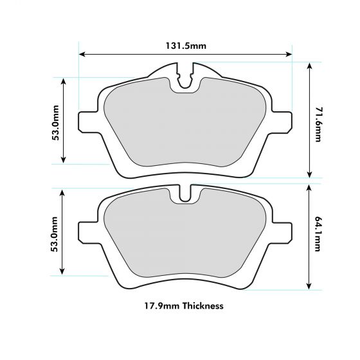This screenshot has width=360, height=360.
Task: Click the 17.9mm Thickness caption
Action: (x=184, y=306)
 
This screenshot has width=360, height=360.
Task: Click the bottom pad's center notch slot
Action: (x=185, y=194)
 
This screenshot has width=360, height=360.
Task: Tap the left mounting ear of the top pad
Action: (x=85, y=122)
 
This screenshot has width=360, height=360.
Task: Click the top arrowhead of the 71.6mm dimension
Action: (x=310, y=66)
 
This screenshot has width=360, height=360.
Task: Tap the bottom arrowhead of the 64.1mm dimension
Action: (x=310, y=286)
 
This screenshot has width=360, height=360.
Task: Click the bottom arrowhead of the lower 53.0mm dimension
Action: (x=63, y=273)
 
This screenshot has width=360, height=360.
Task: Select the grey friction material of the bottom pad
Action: (x=185, y=238)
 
